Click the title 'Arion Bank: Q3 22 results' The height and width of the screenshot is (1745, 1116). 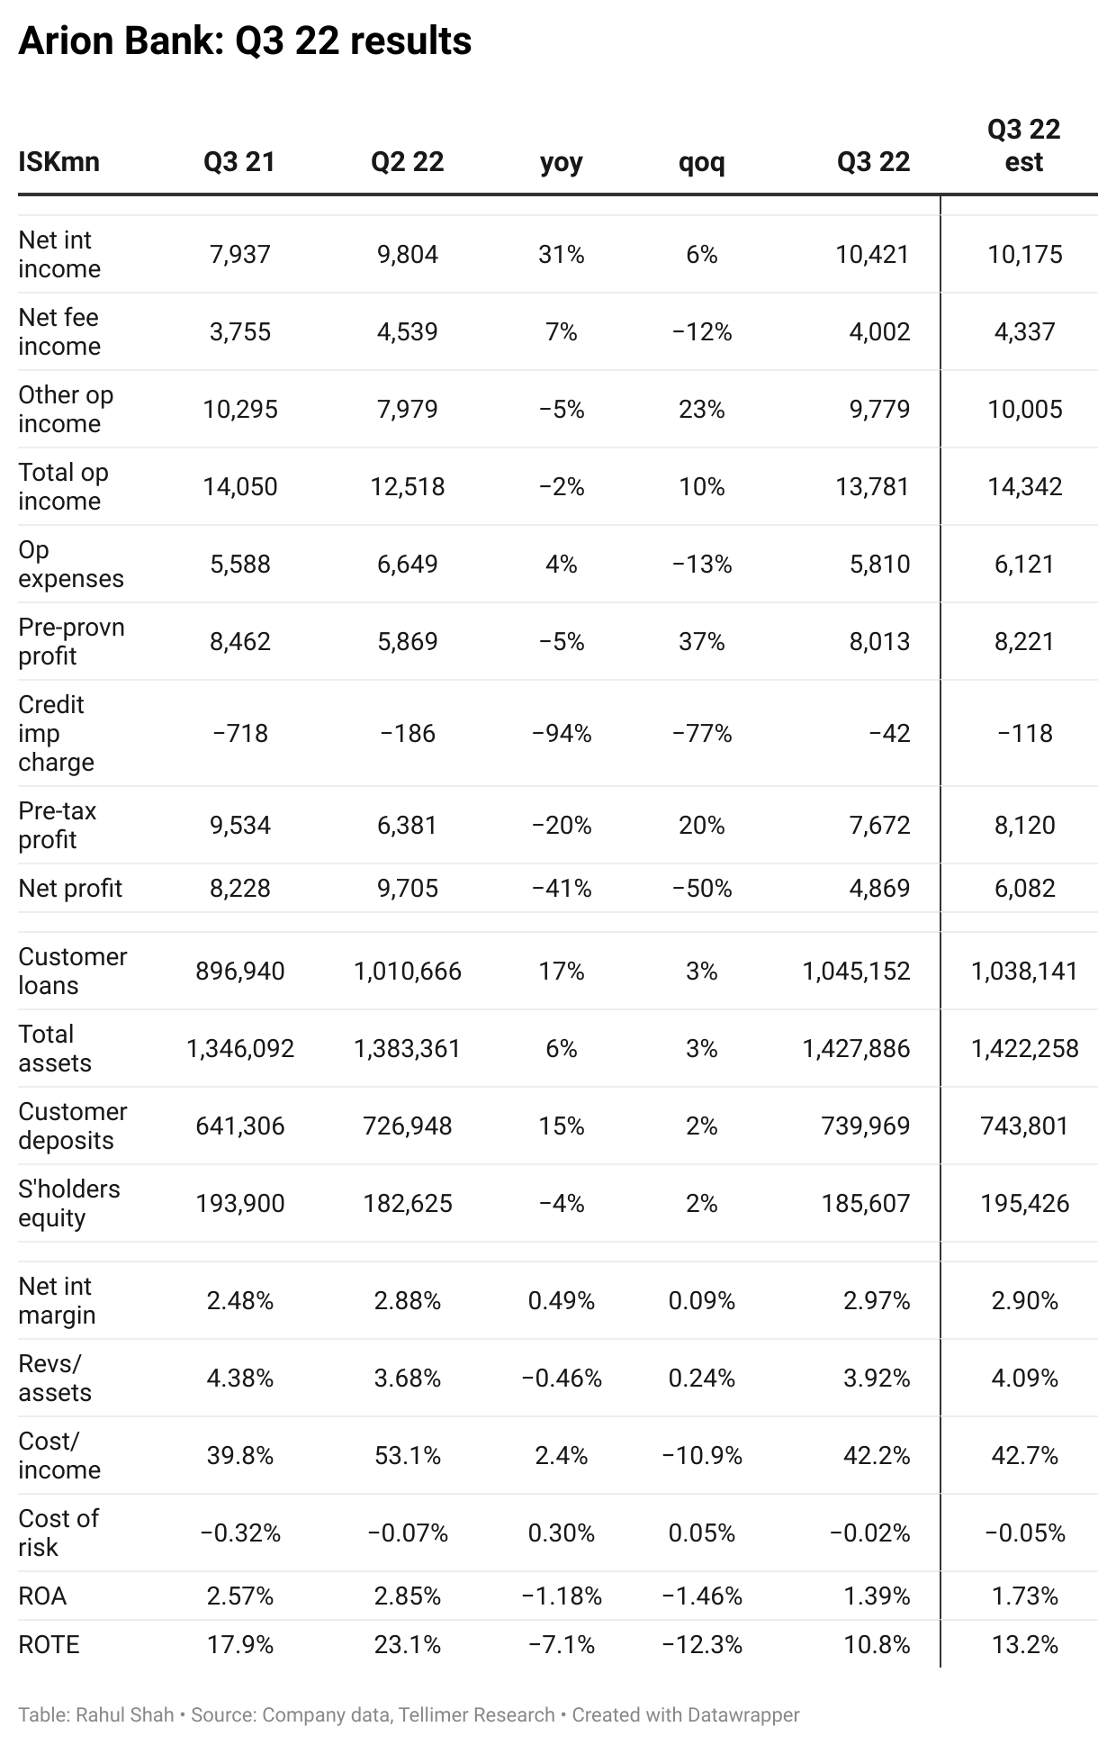click(x=245, y=41)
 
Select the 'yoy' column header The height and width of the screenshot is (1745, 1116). click(x=562, y=162)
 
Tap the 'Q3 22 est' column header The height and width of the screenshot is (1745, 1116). click(x=1024, y=146)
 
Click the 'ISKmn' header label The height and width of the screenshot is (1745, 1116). click(x=58, y=162)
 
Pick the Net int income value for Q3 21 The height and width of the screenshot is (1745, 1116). click(x=240, y=255)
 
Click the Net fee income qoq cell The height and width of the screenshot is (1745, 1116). click(x=702, y=332)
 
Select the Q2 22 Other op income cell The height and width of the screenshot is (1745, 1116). click(x=408, y=410)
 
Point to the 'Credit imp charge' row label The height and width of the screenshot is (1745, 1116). click(x=56, y=733)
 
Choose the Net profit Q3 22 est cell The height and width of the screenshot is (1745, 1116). click(x=1025, y=889)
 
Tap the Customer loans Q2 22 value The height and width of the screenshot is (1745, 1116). click(x=408, y=972)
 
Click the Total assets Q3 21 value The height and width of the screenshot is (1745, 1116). click(x=240, y=1049)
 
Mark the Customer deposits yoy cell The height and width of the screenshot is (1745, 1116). click(x=562, y=1126)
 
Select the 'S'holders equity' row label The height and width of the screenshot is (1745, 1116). click(x=68, y=1203)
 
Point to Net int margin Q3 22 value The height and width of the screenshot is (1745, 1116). click(x=877, y=1301)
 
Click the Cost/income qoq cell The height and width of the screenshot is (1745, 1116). click(x=702, y=1456)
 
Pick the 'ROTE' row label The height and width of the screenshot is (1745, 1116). click(x=49, y=1645)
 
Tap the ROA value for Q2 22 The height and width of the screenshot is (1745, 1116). click(x=408, y=1596)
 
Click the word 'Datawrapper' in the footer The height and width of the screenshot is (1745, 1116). click(x=743, y=1714)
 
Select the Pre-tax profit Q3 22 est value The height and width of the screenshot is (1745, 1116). click(x=1025, y=826)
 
